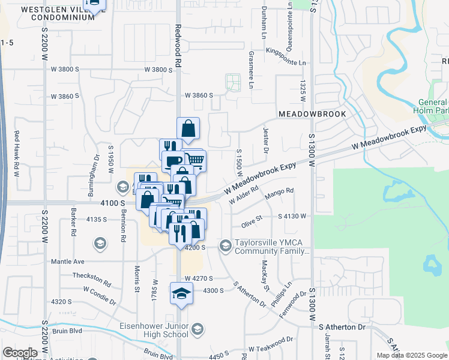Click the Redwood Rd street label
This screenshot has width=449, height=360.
tap(178, 37)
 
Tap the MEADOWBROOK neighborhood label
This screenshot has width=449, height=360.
tap(312, 114)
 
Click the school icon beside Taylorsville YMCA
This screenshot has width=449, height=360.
tap(226, 245)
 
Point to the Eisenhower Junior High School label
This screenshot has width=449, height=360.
tap(159, 330)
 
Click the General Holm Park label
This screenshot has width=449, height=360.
tap(431, 106)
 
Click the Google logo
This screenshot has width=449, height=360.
tap(19, 353)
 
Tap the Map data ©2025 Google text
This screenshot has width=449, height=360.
tap(411, 355)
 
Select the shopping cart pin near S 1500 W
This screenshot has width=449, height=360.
tap(195, 160)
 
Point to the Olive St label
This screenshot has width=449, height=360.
tap(252, 222)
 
